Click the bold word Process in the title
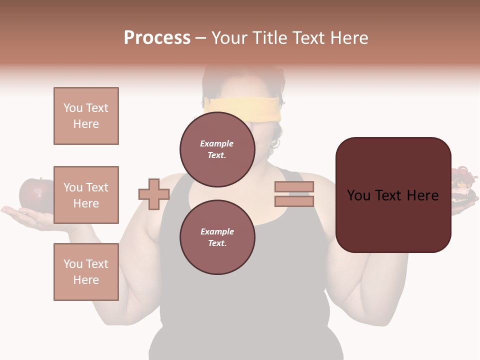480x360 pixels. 157,37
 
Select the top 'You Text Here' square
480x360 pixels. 86,116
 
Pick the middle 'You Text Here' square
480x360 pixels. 86,195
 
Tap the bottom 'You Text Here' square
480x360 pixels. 86,271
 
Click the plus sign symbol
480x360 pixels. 154,194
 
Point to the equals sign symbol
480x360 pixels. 294,194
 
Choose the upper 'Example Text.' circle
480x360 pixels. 217,149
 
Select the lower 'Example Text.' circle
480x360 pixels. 217,237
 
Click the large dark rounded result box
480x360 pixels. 393,195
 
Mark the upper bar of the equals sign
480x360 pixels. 294,186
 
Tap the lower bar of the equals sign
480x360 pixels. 294,201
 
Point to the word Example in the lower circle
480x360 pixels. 217,231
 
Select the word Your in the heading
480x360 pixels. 229,38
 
